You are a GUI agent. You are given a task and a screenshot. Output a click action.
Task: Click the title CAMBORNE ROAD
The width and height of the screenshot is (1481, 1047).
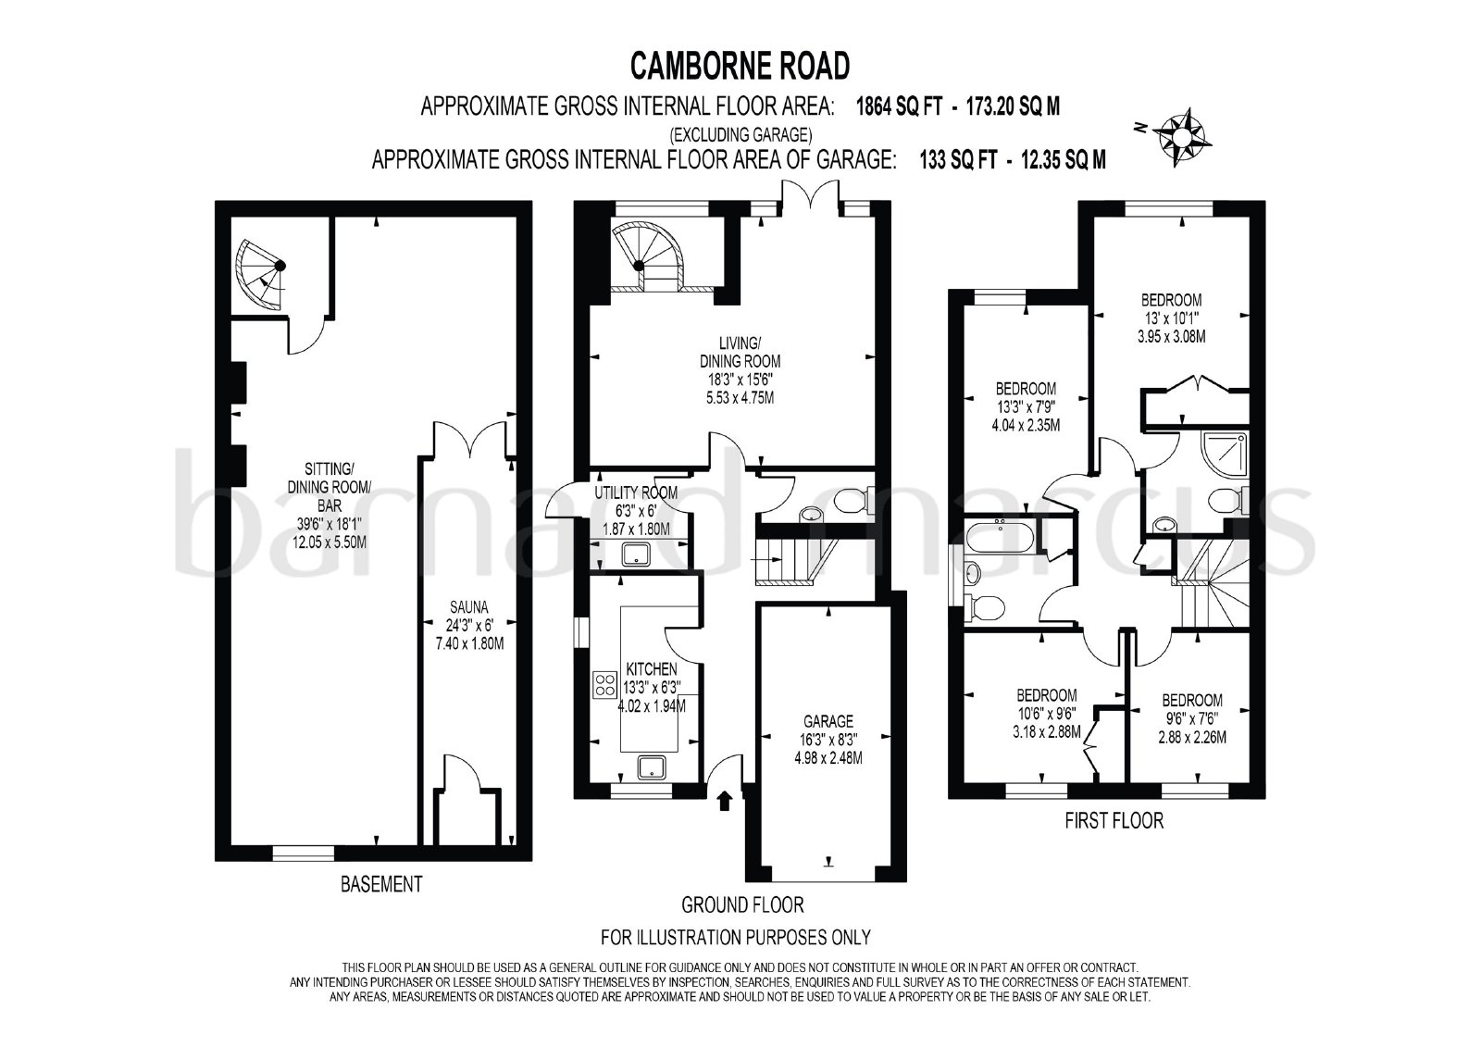pos(740,66)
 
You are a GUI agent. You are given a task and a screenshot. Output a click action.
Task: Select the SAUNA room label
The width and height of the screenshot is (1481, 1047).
pos(468,607)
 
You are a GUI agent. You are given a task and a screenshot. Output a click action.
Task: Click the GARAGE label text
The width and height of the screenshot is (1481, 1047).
pos(828,721)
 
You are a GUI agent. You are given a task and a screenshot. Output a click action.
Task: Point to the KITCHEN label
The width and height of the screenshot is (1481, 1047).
pos(652,669)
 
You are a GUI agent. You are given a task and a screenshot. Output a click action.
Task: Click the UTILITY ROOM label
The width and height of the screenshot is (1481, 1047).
pos(635,492)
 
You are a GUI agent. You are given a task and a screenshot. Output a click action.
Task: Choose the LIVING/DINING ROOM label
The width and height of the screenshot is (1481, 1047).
pos(740,353)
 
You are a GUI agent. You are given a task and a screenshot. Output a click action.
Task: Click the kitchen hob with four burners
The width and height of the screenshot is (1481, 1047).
pos(604,684)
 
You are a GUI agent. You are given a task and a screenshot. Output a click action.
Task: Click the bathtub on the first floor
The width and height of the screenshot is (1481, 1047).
pos(999,536)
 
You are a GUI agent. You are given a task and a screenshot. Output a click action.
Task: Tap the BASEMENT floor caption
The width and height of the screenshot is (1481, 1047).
pos(380,884)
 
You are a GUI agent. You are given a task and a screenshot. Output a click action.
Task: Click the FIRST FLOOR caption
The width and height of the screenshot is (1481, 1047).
pos(1114,821)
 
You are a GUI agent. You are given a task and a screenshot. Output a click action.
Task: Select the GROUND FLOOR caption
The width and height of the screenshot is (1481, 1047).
pos(742,904)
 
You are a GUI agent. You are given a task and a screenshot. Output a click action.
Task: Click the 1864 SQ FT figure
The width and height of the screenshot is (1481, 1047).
pos(899,106)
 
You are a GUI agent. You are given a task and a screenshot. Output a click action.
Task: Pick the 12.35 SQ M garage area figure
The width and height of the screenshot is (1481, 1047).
pos(1064,160)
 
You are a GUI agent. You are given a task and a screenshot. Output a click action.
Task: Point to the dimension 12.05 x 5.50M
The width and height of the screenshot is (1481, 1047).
pos(330,542)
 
